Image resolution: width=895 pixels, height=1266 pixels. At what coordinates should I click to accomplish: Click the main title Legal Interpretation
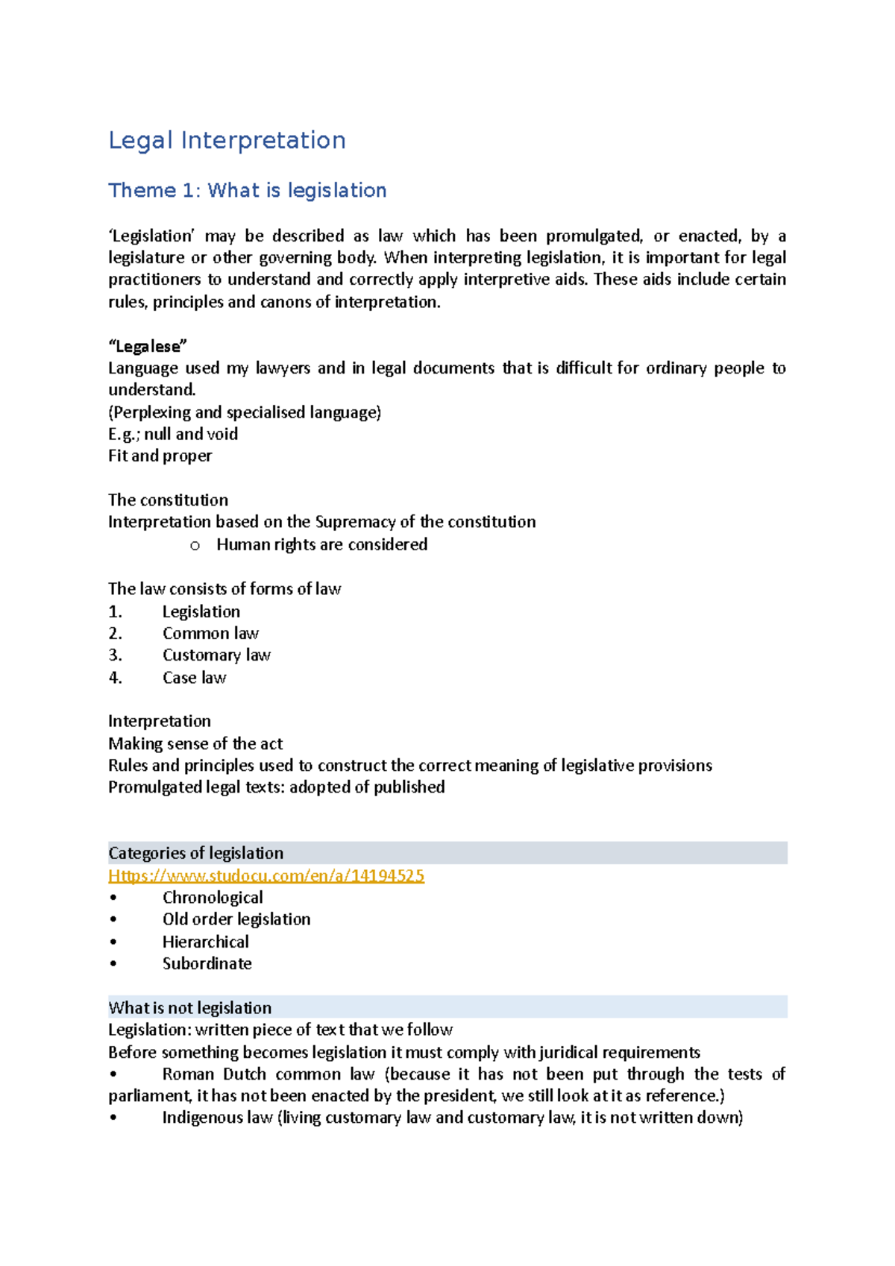point(227,140)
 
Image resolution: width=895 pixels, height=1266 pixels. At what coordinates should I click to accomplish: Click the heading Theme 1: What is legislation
point(247,191)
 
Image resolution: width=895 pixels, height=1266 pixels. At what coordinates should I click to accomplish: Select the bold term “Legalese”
point(148,346)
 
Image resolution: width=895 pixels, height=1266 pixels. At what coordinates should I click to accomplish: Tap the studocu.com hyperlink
point(266,875)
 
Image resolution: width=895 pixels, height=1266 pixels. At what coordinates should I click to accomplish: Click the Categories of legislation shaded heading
point(195,853)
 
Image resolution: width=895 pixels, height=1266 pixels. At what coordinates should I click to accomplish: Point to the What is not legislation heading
point(189,1007)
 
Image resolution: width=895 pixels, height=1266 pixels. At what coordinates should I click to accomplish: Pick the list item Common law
point(210,633)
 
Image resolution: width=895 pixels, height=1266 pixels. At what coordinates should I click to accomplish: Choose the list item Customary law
point(216,655)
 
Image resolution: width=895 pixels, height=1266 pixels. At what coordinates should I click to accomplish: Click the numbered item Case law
point(194,677)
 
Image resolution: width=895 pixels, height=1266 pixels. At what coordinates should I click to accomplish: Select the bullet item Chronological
point(213,897)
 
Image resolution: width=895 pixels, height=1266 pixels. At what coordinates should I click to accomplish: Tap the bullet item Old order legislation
point(236,919)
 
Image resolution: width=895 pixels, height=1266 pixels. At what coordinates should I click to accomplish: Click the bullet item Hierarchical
point(206,942)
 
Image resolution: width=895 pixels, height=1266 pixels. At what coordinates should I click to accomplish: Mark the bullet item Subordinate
point(207,963)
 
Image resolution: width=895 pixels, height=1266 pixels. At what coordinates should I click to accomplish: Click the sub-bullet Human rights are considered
point(321,544)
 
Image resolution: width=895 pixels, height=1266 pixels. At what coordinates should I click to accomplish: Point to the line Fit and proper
point(160,456)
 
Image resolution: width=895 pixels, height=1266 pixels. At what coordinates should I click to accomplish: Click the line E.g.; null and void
point(173,434)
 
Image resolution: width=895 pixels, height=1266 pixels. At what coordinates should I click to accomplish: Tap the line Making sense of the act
point(195,743)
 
